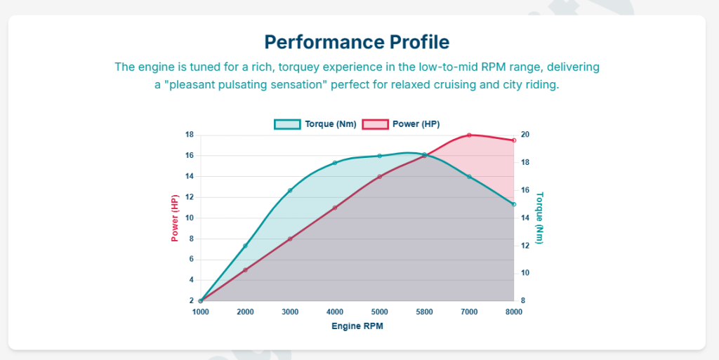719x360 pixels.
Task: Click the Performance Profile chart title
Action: (x=357, y=41)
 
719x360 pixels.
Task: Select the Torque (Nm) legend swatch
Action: (x=287, y=124)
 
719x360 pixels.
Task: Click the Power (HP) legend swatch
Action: (x=374, y=124)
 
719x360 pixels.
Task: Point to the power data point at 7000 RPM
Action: (x=469, y=135)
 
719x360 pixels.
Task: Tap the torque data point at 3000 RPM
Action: (x=290, y=191)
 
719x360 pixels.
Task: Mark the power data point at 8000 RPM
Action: (x=514, y=140)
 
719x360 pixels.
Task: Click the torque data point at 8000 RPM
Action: (x=514, y=204)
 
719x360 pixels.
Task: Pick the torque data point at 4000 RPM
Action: (x=335, y=163)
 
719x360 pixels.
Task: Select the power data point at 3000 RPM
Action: (x=290, y=239)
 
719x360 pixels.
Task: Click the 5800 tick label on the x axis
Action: (x=424, y=312)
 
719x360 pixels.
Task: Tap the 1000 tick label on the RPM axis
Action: (x=201, y=312)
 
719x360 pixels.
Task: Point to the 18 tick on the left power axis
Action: (x=190, y=135)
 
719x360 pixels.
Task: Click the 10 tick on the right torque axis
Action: (x=525, y=273)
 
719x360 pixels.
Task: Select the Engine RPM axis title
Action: (x=357, y=326)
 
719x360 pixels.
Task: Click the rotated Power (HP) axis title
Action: (x=176, y=218)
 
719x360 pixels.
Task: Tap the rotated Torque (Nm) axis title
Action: (x=540, y=218)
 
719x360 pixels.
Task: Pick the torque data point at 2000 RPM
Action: (x=245, y=246)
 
